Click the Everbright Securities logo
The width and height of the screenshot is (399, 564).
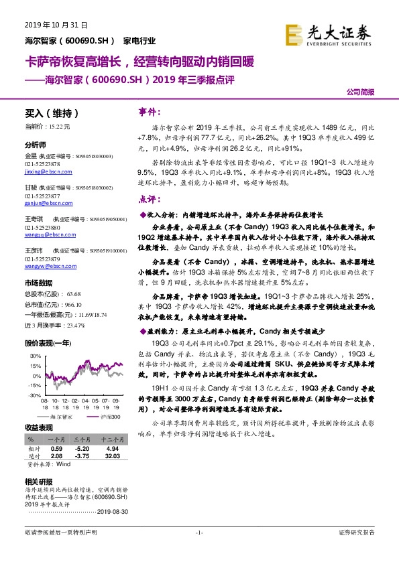point(328,34)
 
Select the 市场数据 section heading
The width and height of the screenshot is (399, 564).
point(38,282)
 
